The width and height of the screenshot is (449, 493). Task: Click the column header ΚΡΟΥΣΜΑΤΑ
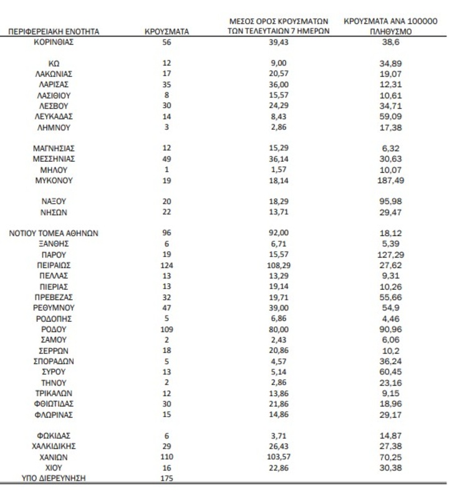[x=167, y=31]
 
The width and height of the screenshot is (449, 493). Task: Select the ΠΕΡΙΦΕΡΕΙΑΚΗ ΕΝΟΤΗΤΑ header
[x=53, y=31]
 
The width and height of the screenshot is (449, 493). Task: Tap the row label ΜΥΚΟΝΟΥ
[x=53, y=181]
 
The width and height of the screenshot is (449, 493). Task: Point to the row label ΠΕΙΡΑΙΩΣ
[x=53, y=265]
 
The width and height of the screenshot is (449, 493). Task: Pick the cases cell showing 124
[x=167, y=265]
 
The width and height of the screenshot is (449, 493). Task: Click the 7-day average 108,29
[x=279, y=265]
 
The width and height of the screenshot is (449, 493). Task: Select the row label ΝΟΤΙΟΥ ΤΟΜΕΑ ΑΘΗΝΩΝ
[x=53, y=233]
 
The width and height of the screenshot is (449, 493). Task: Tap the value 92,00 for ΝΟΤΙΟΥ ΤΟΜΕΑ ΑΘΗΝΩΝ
[x=279, y=233]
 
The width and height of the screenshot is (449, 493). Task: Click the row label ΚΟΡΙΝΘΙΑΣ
[x=53, y=42]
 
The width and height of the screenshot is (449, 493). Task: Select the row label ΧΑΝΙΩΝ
[x=53, y=457]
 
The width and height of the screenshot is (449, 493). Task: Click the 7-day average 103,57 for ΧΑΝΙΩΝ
[x=279, y=457]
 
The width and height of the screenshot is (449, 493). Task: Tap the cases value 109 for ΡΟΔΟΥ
[x=167, y=329]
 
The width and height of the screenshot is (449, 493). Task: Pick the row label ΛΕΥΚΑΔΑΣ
[x=53, y=116]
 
